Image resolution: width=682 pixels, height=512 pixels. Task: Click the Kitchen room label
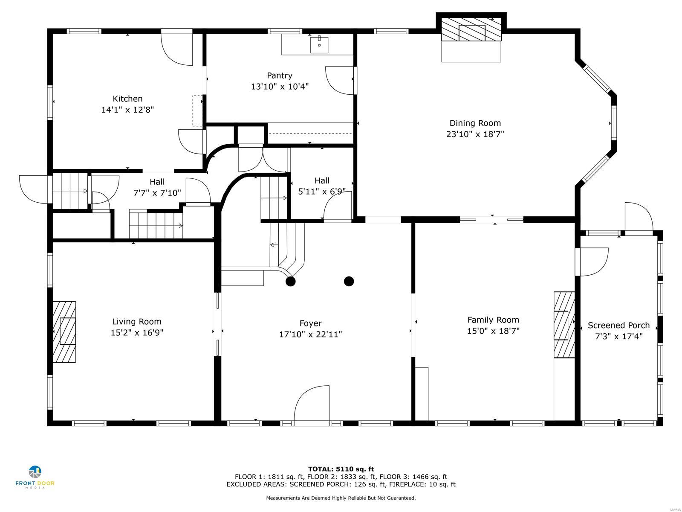click(127, 99)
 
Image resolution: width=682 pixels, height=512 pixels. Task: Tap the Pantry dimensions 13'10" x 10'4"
click(280, 87)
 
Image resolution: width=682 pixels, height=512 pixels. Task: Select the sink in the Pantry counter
click(319, 45)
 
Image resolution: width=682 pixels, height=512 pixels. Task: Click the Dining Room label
click(475, 123)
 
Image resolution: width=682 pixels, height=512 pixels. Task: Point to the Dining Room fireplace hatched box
click(471, 30)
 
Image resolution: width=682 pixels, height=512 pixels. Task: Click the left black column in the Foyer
click(290, 281)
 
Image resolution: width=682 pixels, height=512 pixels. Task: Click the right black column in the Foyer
click(349, 281)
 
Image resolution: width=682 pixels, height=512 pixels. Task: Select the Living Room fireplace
click(64, 332)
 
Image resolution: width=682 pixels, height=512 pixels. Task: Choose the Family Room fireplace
click(564, 325)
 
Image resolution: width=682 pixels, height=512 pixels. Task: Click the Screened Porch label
click(618, 325)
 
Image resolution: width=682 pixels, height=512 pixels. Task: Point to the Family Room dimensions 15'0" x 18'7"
click(493, 331)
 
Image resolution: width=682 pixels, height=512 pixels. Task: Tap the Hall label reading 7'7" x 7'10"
click(157, 193)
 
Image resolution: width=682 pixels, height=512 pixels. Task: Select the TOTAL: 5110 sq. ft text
click(341, 469)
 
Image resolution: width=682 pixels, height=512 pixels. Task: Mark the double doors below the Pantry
click(263, 159)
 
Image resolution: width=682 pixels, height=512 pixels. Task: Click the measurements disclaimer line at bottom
click(341, 498)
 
